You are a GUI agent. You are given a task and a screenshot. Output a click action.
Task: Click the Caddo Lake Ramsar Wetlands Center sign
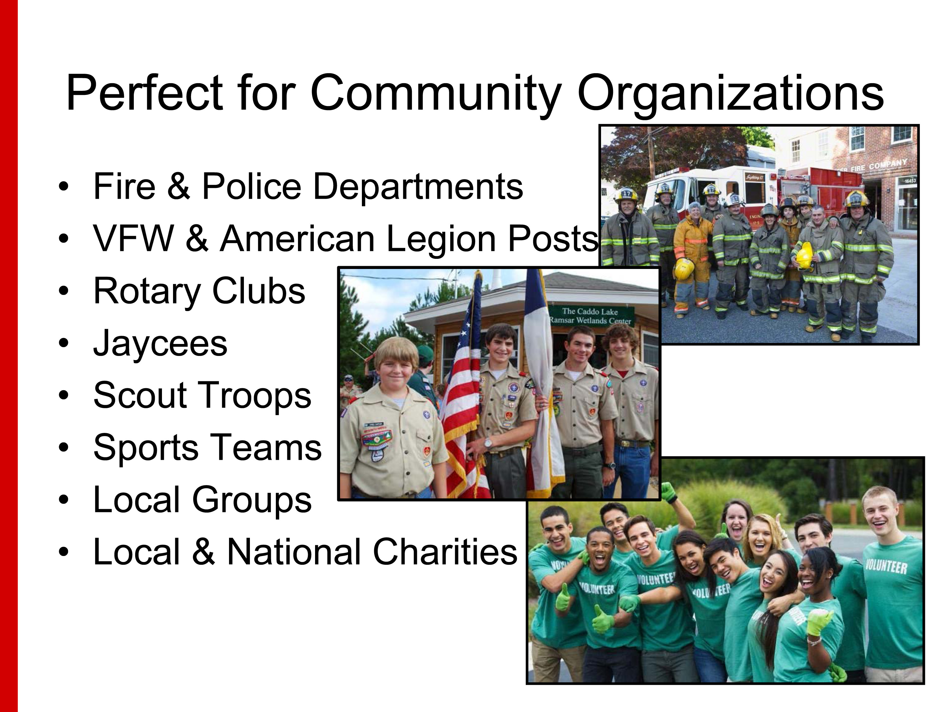click(x=590, y=316)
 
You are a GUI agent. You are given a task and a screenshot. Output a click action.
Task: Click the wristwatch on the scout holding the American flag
click(x=488, y=442)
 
